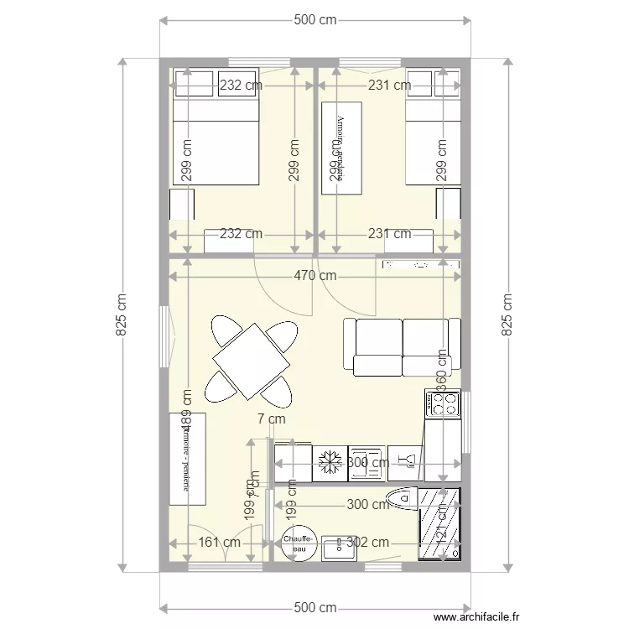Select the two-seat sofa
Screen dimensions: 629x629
tap(403, 346)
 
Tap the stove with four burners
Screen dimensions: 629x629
tap(444, 404)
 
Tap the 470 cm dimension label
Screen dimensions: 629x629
tap(314, 275)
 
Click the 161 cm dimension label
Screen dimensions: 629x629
tap(220, 543)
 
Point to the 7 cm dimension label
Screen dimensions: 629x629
tap(271, 418)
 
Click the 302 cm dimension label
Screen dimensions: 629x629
tap(368, 543)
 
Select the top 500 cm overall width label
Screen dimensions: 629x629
tap(314, 20)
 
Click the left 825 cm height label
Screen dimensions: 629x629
tap(122, 315)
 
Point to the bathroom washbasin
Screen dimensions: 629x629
tap(339, 548)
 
